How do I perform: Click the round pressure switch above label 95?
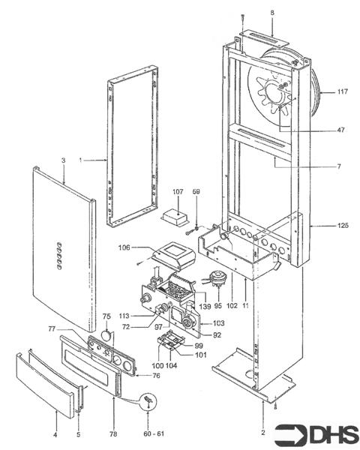click(x=217, y=280)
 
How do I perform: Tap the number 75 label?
click(x=106, y=316)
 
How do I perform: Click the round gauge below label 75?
click(x=106, y=334)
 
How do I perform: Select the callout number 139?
click(x=205, y=305)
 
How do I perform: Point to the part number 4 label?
click(x=55, y=434)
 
